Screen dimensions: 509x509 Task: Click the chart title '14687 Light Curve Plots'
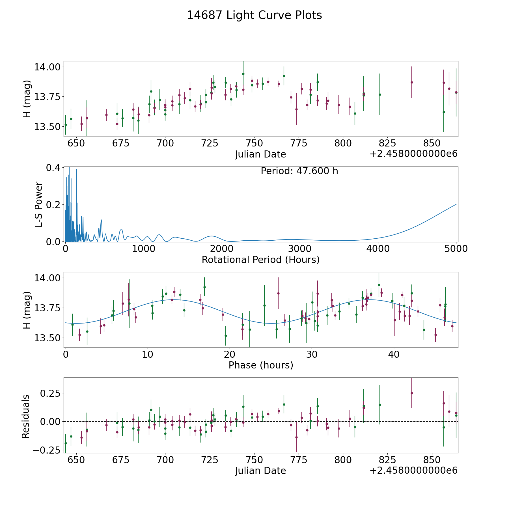coord(254,15)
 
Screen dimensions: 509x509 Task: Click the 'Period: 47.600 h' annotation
coord(299,171)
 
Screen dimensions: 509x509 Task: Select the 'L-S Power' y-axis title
coord(39,204)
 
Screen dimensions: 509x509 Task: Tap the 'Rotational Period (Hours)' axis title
coord(260,260)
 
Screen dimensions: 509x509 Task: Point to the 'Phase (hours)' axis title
coord(261,365)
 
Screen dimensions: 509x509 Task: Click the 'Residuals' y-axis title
coord(26,417)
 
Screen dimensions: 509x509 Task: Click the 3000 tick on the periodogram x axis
coord(300,249)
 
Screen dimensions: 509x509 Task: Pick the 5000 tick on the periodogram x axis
coord(456,249)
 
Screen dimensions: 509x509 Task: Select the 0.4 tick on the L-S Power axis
coord(53,168)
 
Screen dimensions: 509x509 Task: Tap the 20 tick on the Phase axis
coord(230,354)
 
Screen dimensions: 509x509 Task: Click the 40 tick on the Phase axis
coord(394,354)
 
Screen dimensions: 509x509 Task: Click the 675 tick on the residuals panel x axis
coord(121,460)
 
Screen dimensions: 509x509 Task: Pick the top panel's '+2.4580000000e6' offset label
coord(413,154)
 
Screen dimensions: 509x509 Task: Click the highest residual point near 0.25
coord(412,393)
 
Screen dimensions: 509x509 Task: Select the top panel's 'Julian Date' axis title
coord(260,154)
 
